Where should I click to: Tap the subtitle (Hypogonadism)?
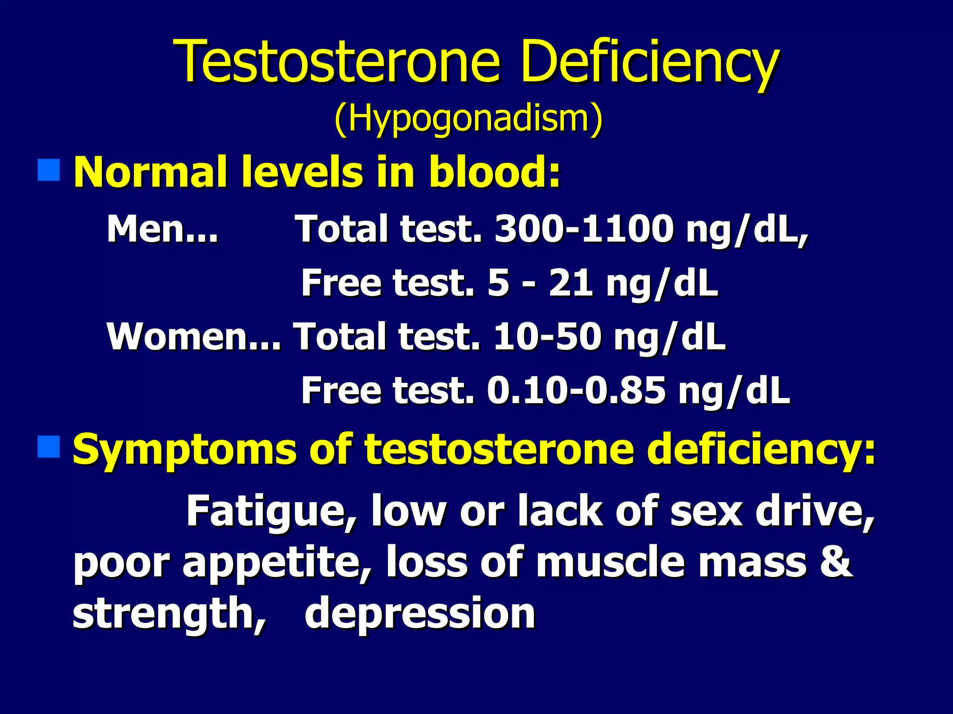[468, 119]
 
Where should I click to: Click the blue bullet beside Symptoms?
[48, 447]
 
